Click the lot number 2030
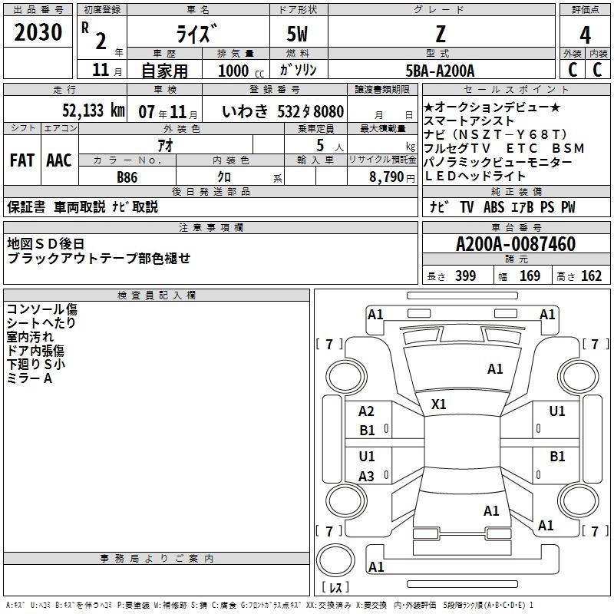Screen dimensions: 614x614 (x=38, y=32)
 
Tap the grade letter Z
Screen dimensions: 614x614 (x=438, y=34)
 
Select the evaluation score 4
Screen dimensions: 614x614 (x=585, y=35)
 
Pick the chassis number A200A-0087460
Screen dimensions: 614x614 (x=515, y=245)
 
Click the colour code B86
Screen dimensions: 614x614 (x=127, y=177)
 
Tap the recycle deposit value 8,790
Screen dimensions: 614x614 (x=392, y=177)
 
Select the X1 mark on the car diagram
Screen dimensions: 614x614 (x=439, y=404)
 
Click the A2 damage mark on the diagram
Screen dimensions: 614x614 (x=367, y=411)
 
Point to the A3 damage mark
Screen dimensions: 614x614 (x=367, y=477)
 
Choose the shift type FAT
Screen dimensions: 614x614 (x=21, y=160)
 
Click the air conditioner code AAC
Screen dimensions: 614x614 (x=58, y=160)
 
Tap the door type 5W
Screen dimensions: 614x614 (x=297, y=34)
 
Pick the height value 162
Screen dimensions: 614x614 (x=592, y=276)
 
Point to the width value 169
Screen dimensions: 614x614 (x=530, y=276)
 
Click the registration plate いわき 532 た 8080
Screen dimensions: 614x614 (x=282, y=111)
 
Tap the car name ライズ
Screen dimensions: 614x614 (x=197, y=34)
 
